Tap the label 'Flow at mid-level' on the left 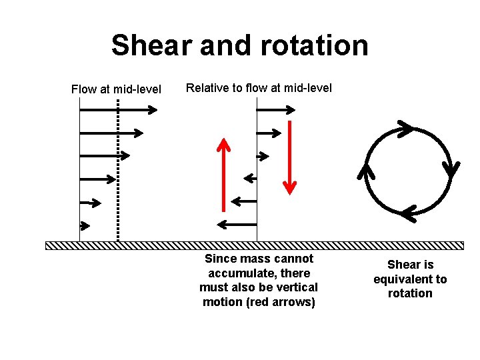(x=116, y=89)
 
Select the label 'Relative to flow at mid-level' (x=259, y=88)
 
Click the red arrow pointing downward (x=289, y=157)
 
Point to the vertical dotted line (x=118, y=170)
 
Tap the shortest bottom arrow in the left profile (x=85, y=225)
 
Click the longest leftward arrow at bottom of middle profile (x=237, y=223)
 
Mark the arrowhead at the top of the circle (x=404, y=128)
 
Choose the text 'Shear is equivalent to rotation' (x=409, y=279)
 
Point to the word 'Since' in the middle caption (x=221, y=259)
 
